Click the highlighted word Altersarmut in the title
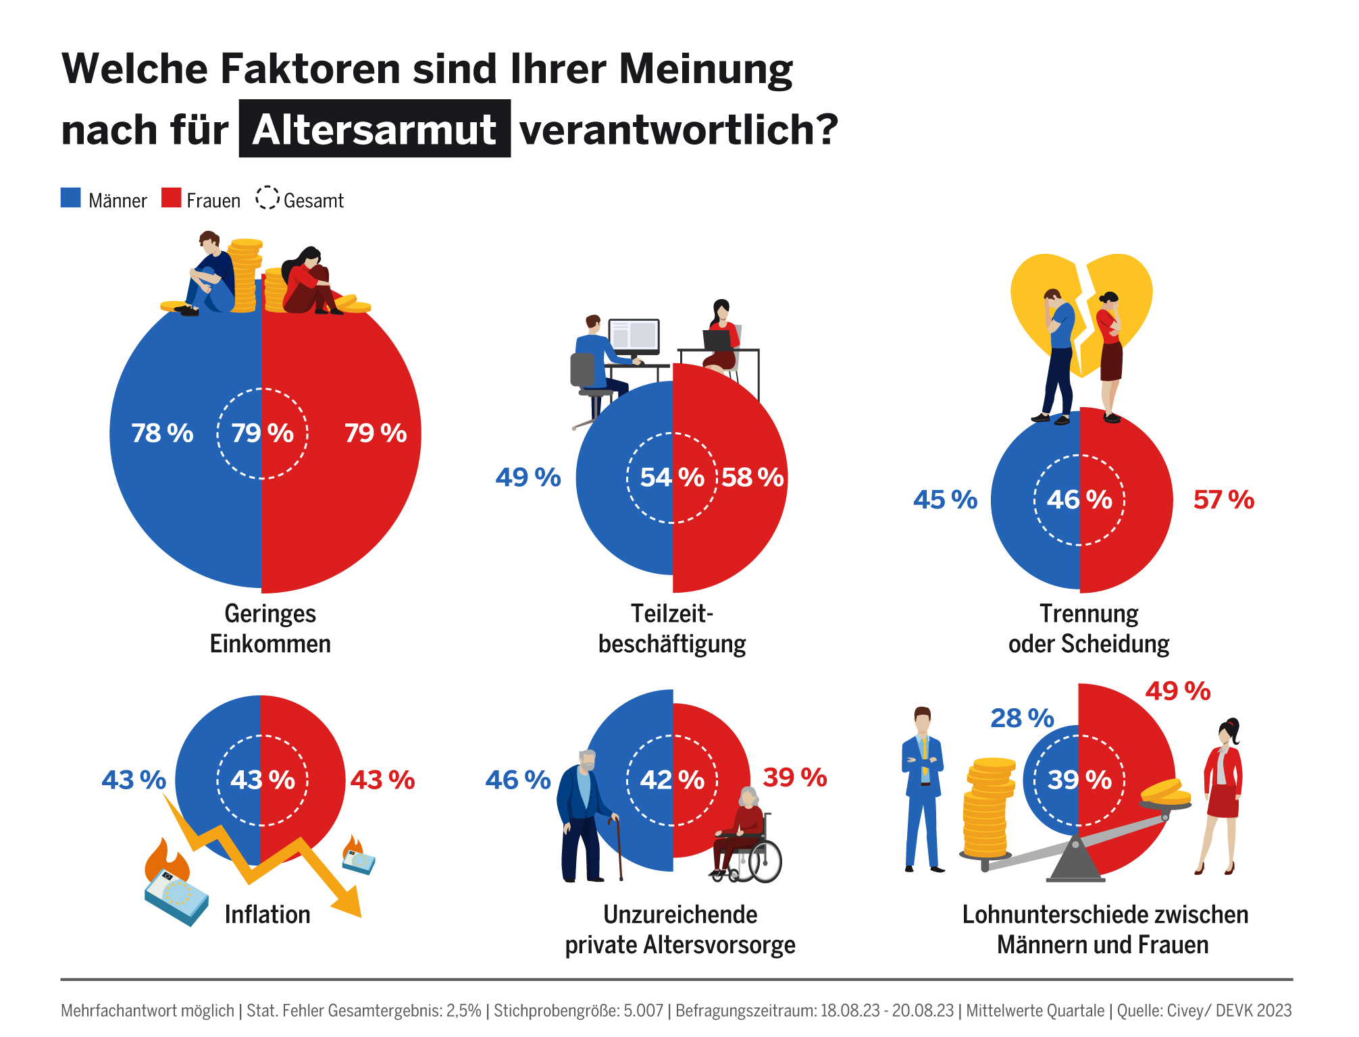(x=374, y=129)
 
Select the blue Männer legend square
(x=71, y=198)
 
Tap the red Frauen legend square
(x=172, y=198)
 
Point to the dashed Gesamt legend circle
(x=267, y=198)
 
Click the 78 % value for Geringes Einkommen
(x=162, y=433)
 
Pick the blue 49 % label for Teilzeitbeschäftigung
(x=528, y=477)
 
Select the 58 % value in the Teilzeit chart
(x=752, y=477)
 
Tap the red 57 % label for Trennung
(x=1223, y=500)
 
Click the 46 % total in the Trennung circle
(x=1079, y=500)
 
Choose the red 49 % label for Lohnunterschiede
(x=1178, y=691)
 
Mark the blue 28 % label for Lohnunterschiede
(x=1022, y=718)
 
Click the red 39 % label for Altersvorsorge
(x=794, y=778)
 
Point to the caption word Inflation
(x=267, y=915)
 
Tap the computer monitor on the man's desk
(x=634, y=336)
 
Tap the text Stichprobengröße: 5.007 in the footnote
(x=578, y=1011)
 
